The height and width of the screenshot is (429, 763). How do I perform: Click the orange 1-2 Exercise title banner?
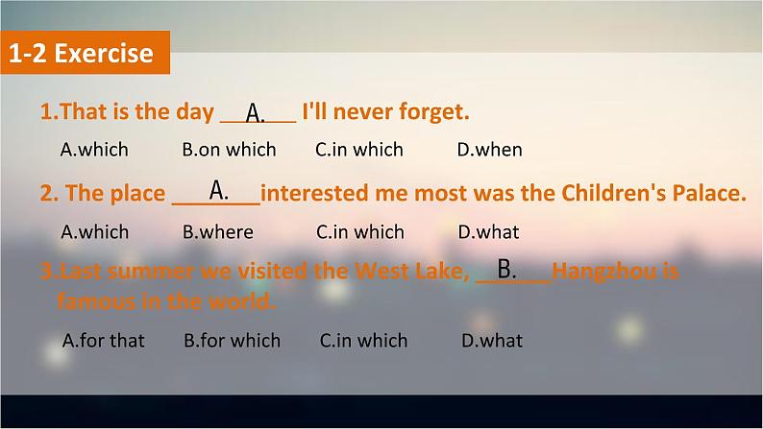pyautogui.click(x=86, y=53)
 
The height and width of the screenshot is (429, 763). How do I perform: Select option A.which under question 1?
pyautogui.click(x=94, y=150)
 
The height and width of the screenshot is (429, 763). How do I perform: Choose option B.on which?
pyautogui.click(x=230, y=150)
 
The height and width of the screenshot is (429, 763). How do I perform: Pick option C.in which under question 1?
pyautogui.click(x=359, y=150)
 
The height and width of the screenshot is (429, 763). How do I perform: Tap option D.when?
pyautogui.click(x=489, y=150)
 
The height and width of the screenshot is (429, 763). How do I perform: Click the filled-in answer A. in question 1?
pyautogui.click(x=256, y=113)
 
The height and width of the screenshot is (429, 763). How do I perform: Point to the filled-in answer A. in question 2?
pyautogui.click(x=219, y=190)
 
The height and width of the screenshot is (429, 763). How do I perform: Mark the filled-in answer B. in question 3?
pyautogui.click(x=506, y=269)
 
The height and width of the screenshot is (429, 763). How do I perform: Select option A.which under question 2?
pyautogui.click(x=95, y=232)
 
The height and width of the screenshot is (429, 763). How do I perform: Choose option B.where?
pyautogui.click(x=218, y=232)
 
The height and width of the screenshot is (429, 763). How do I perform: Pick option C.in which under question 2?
pyautogui.click(x=360, y=232)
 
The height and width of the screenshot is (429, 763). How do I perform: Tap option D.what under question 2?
pyautogui.click(x=488, y=232)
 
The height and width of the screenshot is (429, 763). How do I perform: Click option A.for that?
pyautogui.click(x=104, y=341)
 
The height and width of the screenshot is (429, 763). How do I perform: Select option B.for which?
pyautogui.click(x=233, y=341)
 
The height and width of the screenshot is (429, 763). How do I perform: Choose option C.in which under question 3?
pyautogui.click(x=363, y=341)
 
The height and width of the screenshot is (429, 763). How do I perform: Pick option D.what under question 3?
pyautogui.click(x=492, y=341)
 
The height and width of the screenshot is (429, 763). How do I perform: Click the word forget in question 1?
pyautogui.click(x=434, y=112)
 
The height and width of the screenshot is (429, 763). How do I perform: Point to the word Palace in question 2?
pyautogui.click(x=709, y=193)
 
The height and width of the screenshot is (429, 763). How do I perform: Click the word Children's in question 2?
pyautogui.click(x=614, y=193)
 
